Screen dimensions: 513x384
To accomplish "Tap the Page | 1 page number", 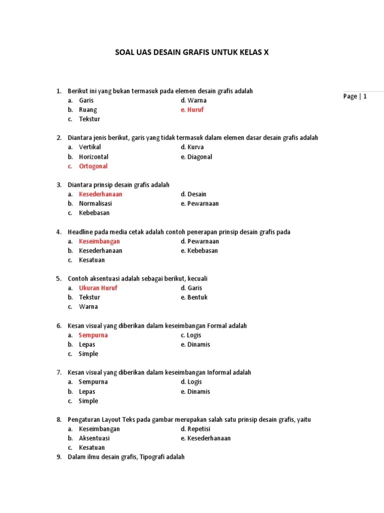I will (x=355, y=96).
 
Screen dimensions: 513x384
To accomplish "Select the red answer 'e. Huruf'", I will (x=192, y=110).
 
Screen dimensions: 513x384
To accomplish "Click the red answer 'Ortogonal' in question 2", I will (x=93, y=166).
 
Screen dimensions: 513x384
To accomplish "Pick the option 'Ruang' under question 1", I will (x=88, y=110).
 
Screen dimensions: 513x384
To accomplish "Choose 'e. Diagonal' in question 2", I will (x=196, y=157).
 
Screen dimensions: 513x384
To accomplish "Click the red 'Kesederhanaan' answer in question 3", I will (x=100, y=194).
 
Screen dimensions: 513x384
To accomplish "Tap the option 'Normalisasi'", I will (x=95, y=203).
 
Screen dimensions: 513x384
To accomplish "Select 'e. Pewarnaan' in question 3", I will (x=200, y=203).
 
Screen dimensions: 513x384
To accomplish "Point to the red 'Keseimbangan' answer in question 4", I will (x=99, y=241).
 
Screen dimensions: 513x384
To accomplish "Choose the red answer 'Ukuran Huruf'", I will (x=98, y=288).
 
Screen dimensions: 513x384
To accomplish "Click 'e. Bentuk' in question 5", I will (x=194, y=297).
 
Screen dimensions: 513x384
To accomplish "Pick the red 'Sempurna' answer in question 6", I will (x=93, y=335).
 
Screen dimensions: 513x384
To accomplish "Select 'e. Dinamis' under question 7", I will (x=195, y=392).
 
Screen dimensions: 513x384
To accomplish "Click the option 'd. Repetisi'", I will (x=195, y=429).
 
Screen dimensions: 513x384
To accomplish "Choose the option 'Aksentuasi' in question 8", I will (x=94, y=438).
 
